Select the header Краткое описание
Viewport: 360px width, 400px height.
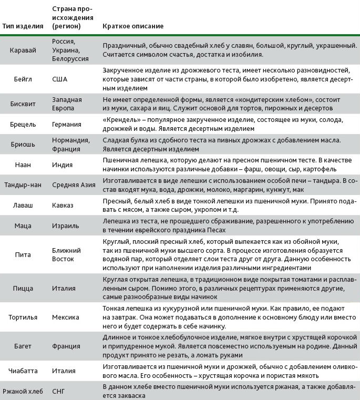point(133,26)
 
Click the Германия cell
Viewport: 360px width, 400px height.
point(67,125)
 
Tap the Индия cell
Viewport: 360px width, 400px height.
point(63,165)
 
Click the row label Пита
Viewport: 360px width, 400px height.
point(23,254)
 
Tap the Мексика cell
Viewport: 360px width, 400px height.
point(66,317)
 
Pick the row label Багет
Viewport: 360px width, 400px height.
point(23,346)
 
